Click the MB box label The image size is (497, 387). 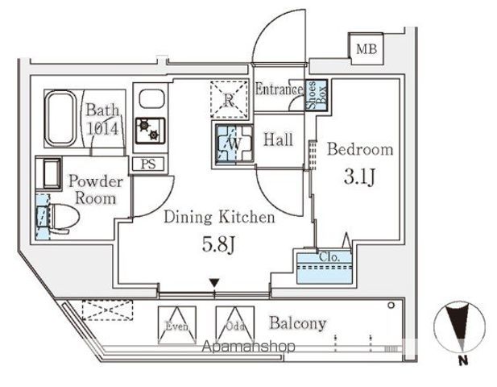(367, 50)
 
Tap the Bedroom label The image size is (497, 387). (359, 149)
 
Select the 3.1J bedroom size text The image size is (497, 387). (359, 177)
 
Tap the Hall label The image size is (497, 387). (279, 140)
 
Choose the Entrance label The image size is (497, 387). (279, 90)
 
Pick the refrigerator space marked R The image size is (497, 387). (229, 99)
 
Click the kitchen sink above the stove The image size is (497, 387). (150, 101)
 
